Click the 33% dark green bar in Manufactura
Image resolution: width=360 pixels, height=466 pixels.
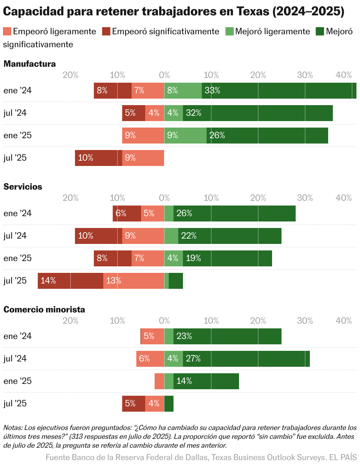tap(279, 90)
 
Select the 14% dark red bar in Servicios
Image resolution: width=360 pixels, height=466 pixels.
tap(70, 281)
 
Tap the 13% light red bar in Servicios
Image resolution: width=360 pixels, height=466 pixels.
tap(133, 281)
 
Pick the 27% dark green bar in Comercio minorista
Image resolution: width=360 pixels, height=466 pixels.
tap(246, 359)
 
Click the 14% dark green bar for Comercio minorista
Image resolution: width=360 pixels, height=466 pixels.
tap(206, 381)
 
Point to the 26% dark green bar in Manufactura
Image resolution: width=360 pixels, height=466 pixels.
tap(267, 135)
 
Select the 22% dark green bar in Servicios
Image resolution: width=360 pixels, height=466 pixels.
tap(230, 236)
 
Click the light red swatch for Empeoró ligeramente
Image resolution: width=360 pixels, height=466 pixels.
tap(7, 31)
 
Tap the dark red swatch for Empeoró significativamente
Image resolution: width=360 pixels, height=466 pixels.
tap(106, 31)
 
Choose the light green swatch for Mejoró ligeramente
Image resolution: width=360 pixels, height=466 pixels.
tap(229, 31)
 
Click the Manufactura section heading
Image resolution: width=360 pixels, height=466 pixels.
tap(30, 64)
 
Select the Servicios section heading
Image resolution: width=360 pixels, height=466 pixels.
tap(23, 187)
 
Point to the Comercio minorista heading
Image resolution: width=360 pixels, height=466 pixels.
tap(44, 309)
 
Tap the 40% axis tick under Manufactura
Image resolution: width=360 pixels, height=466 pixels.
tap(344, 75)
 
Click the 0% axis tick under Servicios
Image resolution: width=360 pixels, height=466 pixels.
tap(164, 198)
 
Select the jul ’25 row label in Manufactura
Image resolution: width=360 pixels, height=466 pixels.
tap(15, 158)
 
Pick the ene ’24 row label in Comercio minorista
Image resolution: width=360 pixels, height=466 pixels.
tap(17, 336)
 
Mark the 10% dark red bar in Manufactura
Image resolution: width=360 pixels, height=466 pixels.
tap(98, 158)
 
